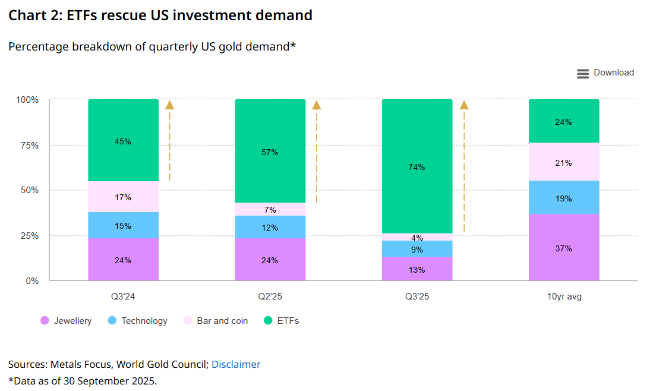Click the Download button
(x=605, y=73)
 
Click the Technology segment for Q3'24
(x=123, y=226)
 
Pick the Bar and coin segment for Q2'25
(x=270, y=209)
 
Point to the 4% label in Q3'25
(x=416, y=238)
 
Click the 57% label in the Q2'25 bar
(x=270, y=152)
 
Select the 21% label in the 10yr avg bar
(x=564, y=163)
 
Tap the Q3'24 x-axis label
(x=123, y=297)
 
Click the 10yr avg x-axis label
(x=564, y=297)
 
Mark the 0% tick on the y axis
(x=31, y=280)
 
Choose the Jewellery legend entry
(x=66, y=321)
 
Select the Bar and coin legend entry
(x=215, y=321)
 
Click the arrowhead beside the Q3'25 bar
(x=464, y=105)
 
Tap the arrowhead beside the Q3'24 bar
(x=170, y=105)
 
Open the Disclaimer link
(x=236, y=364)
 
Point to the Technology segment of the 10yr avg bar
(x=564, y=197)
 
